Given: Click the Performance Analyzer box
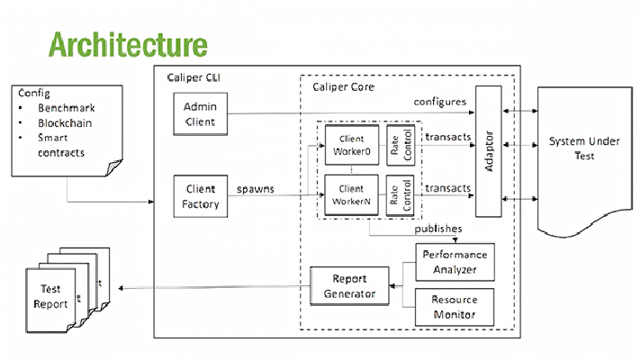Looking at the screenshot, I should [x=458, y=262].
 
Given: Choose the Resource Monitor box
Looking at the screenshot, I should [x=458, y=307].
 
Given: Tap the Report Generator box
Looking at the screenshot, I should [x=350, y=286].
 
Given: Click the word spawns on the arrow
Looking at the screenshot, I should [x=256, y=190].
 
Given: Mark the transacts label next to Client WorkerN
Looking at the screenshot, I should [x=447, y=188].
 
